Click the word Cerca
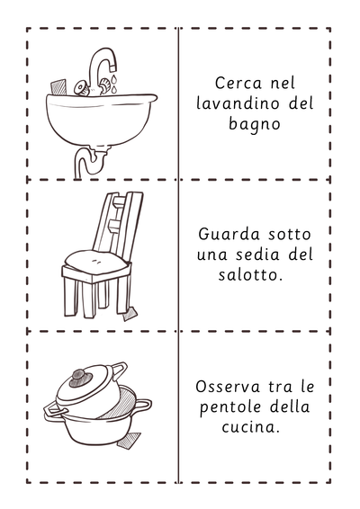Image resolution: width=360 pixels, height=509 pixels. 238,83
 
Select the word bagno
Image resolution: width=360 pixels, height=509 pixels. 255,125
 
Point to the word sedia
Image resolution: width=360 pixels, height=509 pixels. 257,254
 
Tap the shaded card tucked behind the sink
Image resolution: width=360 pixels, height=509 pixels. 58,87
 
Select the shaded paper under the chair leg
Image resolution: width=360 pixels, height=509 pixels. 130,314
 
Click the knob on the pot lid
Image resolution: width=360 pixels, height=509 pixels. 78,378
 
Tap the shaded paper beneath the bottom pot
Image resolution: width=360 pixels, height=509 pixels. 129,441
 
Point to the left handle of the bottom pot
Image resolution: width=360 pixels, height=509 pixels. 55,410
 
